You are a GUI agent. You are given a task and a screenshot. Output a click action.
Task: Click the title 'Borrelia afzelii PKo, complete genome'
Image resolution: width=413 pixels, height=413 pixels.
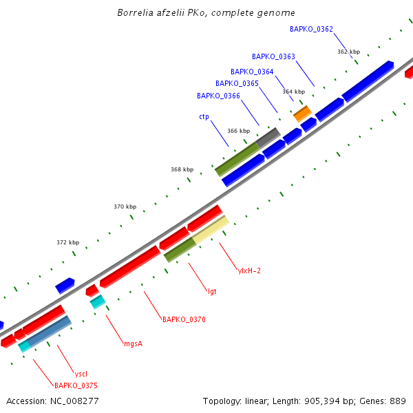[x=206, y=13]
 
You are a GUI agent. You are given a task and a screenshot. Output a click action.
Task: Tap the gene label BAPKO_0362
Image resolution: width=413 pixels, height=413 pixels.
[x=311, y=29]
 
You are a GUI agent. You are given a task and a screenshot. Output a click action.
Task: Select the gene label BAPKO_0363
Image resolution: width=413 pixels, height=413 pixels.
[x=273, y=56]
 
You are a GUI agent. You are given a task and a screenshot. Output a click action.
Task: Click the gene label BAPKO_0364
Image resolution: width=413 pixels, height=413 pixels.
[x=252, y=72]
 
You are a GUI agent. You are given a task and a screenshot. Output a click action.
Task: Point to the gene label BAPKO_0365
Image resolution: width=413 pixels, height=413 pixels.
[x=237, y=83]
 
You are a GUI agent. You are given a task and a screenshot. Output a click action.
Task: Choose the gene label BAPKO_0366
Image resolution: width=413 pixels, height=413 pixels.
[x=218, y=96]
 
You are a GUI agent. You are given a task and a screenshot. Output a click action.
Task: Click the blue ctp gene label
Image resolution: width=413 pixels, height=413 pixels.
[x=204, y=117]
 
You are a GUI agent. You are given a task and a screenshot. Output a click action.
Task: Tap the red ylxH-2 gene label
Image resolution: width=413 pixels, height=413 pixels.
[x=249, y=271]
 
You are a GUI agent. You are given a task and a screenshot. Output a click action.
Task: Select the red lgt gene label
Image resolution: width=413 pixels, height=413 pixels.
[x=212, y=291]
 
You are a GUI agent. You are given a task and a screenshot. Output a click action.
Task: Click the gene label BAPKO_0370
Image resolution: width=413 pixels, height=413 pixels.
[x=184, y=319]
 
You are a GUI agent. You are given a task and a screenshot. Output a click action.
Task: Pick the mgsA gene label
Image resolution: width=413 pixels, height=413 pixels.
[x=133, y=343]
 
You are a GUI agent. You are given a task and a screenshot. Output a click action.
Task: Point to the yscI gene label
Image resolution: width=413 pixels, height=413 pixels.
[x=81, y=373]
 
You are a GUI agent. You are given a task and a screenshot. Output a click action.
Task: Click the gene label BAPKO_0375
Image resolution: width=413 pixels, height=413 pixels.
[x=76, y=385]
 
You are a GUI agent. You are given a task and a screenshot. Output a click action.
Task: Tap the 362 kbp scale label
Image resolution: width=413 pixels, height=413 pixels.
[x=348, y=52]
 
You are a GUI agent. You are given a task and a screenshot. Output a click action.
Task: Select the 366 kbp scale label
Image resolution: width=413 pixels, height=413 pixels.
[x=238, y=131]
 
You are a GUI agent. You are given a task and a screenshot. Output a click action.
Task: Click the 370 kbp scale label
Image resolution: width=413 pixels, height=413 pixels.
[x=125, y=206]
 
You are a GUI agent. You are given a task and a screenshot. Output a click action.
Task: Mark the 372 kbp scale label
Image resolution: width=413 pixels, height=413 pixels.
[x=67, y=242]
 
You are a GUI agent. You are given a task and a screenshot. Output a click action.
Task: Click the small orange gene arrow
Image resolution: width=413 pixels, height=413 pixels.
[x=302, y=114]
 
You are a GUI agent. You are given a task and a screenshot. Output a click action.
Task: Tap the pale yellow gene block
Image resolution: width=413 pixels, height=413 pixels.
[x=211, y=230]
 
